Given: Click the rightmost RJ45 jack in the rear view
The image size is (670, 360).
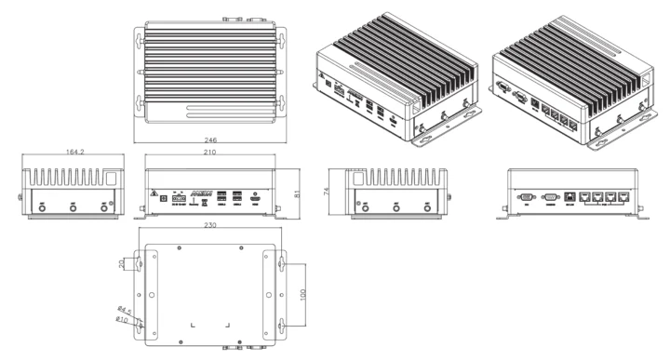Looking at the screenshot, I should [623, 197].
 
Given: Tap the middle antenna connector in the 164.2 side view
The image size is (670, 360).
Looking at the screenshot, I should [74, 209].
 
